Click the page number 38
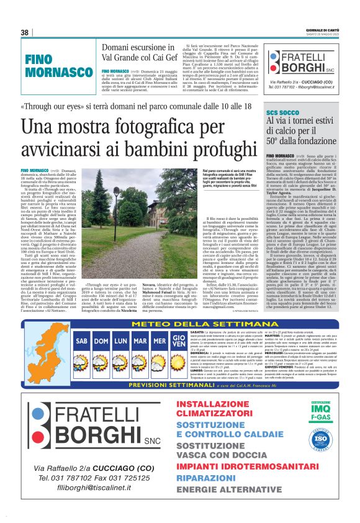tap(25, 32)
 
